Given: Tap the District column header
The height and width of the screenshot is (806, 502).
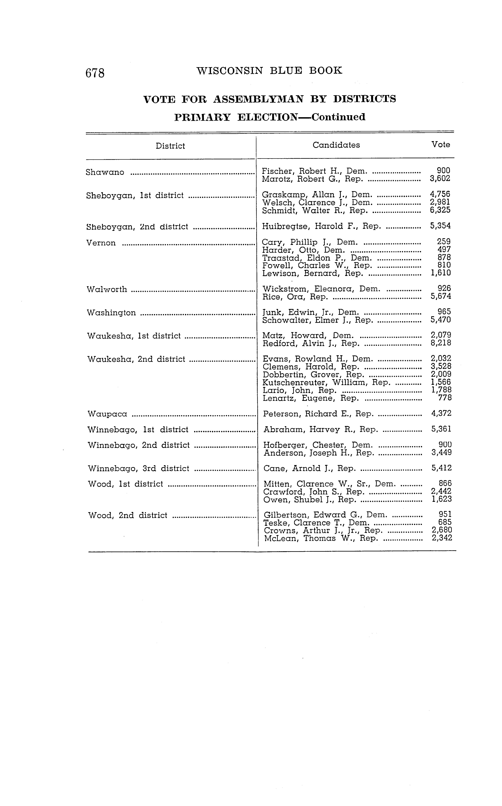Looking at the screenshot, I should point(170,146).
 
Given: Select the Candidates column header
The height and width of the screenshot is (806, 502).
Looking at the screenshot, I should point(336,145).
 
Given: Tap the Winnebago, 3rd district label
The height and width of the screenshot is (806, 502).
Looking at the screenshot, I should point(138,469).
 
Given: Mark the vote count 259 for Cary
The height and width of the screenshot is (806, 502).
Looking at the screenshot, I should point(444,242).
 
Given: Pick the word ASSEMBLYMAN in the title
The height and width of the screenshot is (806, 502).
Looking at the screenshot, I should point(258,99).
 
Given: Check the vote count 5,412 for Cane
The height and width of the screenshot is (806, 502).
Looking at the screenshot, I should point(442,468).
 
